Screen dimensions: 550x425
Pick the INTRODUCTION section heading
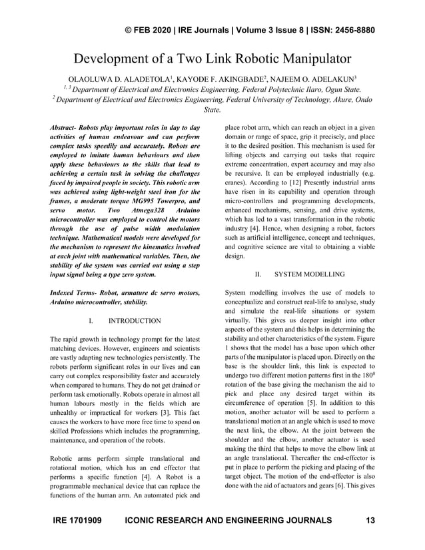pyautogui.click(x=134, y=321)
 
